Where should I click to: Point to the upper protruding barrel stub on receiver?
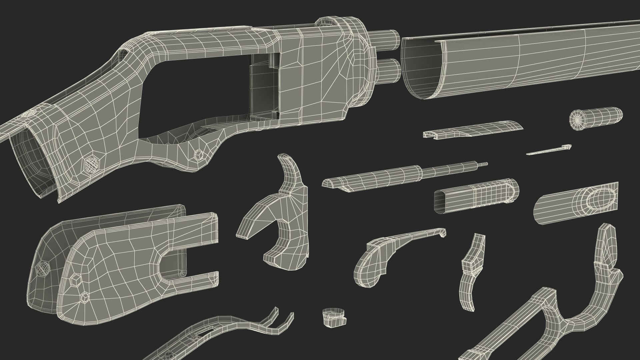click(x=388, y=37)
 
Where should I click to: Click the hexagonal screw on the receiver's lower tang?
click(x=199, y=154)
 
